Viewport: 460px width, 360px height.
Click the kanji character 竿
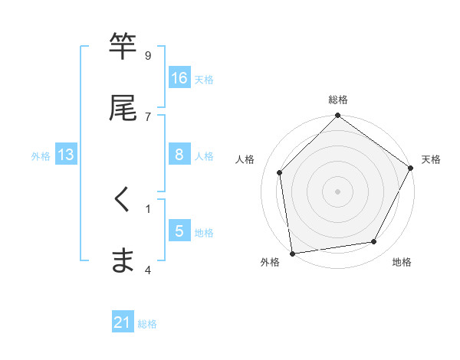click(x=123, y=47)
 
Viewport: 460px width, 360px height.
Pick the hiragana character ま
click(x=123, y=260)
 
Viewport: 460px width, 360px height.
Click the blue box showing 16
click(x=179, y=78)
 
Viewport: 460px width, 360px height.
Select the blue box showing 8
click(x=179, y=155)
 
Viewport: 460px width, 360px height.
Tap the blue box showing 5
click(x=179, y=231)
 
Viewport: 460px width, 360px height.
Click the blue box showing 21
click(x=123, y=323)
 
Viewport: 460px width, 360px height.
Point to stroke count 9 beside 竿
click(x=148, y=55)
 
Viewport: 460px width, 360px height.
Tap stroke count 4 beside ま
click(x=148, y=269)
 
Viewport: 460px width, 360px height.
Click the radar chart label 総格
click(x=338, y=100)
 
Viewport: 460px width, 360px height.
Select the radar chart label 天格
click(x=431, y=159)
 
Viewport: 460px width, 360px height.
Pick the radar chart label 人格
click(x=245, y=159)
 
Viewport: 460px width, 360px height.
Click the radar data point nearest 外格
click(x=292, y=253)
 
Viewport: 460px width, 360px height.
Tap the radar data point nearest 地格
click(x=374, y=242)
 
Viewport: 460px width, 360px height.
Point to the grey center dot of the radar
click(x=338, y=191)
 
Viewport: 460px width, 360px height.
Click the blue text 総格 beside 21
click(x=147, y=324)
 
